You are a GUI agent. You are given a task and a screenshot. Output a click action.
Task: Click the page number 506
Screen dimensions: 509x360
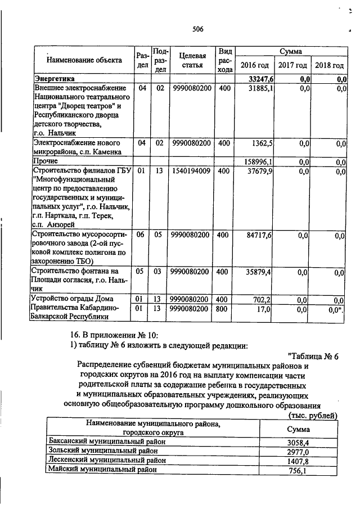click(x=197, y=29)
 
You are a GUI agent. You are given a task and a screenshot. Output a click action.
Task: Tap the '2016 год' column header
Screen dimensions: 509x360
click(x=254, y=65)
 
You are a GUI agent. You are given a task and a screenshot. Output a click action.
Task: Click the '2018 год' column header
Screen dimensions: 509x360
click(x=329, y=65)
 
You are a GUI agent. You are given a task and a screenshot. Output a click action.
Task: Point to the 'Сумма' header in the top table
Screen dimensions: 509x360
click(x=291, y=51)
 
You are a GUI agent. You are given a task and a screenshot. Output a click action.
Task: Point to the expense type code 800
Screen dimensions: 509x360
click(x=224, y=309)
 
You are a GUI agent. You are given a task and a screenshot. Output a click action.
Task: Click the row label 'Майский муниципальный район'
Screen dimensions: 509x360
click(x=102, y=469)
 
